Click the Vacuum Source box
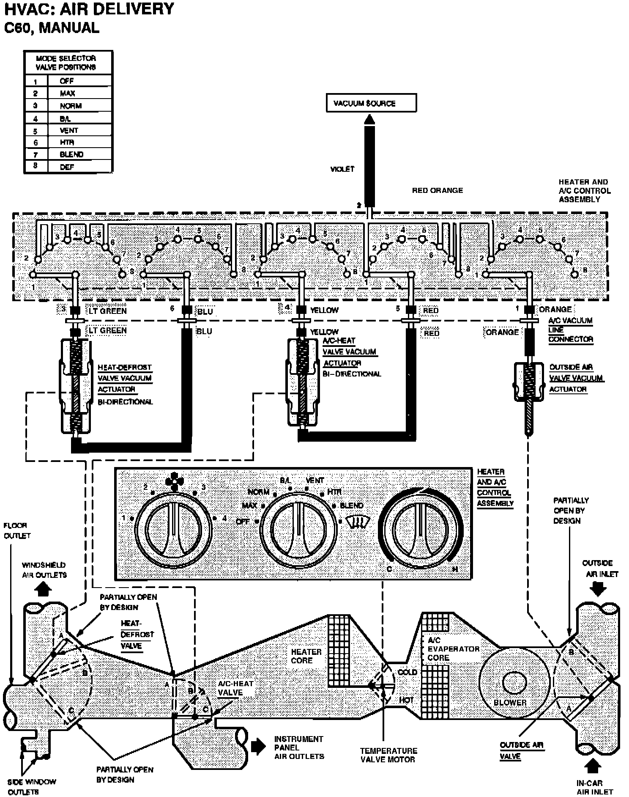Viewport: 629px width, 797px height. (x=371, y=103)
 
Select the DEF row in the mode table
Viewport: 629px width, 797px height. (x=67, y=167)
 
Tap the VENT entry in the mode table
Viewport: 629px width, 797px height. (x=68, y=130)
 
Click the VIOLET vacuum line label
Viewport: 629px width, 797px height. (x=342, y=169)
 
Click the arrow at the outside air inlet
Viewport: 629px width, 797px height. (x=599, y=589)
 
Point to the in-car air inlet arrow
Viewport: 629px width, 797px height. (x=593, y=765)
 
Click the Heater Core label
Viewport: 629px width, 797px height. (x=306, y=656)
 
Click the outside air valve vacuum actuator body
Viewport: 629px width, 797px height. (x=528, y=382)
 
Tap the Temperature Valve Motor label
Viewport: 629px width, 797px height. (x=388, y=755)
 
